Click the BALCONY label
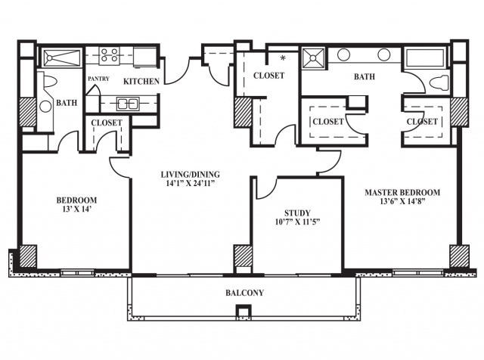[244, 293]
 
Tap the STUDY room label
[297, 213]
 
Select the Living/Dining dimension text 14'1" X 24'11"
[190, 183]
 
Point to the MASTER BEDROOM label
[402, 192]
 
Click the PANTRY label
[98, 79]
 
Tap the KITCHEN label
[141, 81]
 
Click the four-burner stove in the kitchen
[109, 55]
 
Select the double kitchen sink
[128, 104]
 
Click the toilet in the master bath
[439, 82]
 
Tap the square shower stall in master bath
[313, 57]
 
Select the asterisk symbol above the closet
[283, 57]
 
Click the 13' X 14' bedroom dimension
[76, 209]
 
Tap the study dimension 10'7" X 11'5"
[297, 222]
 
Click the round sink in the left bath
[45, 107]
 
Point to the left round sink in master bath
[343, 55]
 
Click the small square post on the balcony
[244, 310]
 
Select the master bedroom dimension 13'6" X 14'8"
[403, 201]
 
